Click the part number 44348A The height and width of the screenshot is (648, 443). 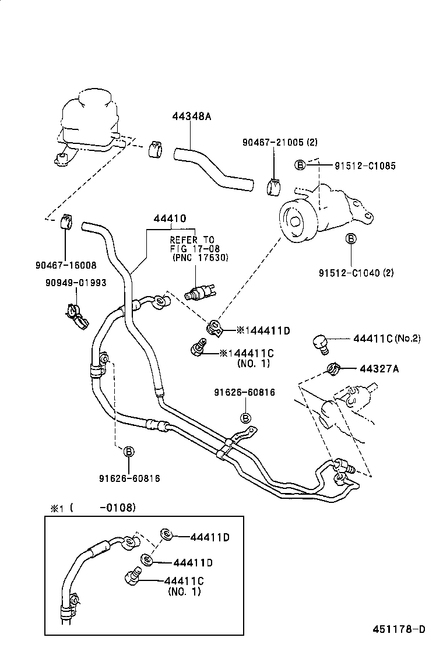[191, 117]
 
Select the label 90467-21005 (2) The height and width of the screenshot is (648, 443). [280, 142]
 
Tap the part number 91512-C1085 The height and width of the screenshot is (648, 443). [365, 166]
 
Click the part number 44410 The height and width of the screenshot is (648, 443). [170, 219]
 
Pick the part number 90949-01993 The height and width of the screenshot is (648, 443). [75, 283]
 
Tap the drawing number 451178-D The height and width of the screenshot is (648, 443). [399, 629]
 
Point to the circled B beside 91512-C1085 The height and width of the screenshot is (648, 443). [300, 165]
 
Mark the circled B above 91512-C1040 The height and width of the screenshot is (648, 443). [351, 238]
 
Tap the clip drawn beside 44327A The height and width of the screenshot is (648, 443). [333, 368]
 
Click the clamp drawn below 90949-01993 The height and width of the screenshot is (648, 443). [76, 314]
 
